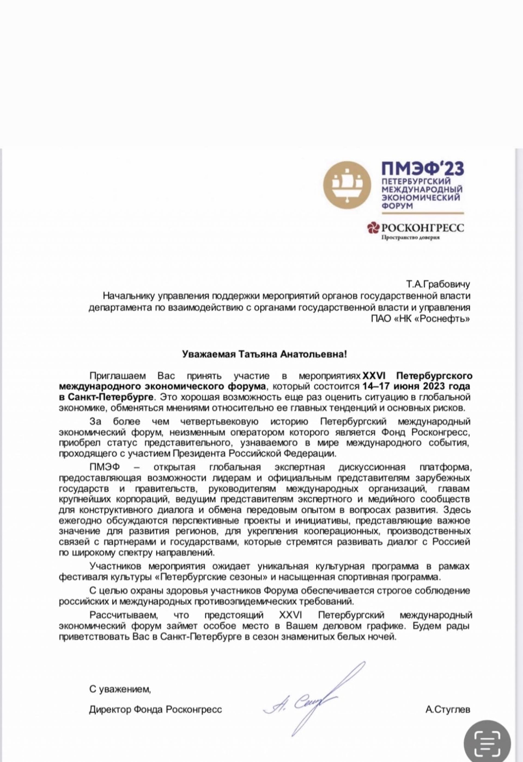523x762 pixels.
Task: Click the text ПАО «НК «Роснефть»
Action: [x=420, y=319]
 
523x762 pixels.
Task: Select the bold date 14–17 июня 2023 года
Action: [x=416, y=386]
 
